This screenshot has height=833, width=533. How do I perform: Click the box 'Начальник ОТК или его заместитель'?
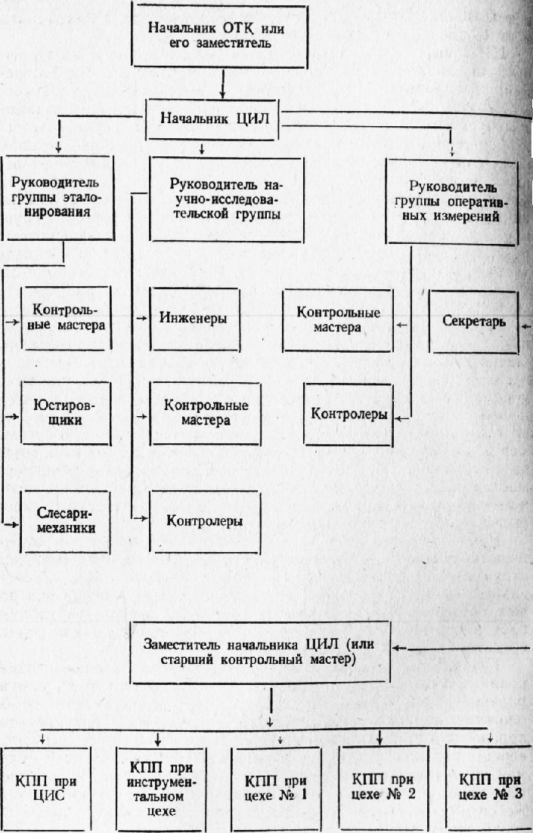(x=220, y=36)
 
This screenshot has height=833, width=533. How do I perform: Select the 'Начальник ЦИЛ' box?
(x=212, y=119)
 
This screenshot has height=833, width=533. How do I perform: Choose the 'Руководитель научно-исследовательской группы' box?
(x=227, y=199)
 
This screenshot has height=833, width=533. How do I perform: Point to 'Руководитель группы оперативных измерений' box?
(x=451, y=202)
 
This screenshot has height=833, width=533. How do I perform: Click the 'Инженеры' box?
(x=195, y=319)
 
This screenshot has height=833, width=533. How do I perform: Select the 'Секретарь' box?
(x=473, y=322)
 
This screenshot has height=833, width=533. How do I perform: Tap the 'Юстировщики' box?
(x=66, y=413)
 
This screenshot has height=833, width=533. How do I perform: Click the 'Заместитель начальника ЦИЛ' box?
(x=260, y=652)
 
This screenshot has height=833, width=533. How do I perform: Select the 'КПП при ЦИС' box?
(x=46, y=788)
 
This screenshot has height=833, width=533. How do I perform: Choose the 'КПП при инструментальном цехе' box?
(x=161, y=789)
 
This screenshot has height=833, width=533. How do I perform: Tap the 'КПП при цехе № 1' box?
(x=276, y=788)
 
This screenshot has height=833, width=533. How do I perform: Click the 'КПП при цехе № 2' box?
(x=383, y=788)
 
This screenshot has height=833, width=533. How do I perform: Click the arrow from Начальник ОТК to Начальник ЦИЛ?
(x=222, y=84)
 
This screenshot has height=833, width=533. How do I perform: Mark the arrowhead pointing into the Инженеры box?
(x=143, y=318)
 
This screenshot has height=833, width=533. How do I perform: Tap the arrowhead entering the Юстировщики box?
(x=14, y=417)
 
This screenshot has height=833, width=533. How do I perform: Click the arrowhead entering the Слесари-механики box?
(x=13, y=524)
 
